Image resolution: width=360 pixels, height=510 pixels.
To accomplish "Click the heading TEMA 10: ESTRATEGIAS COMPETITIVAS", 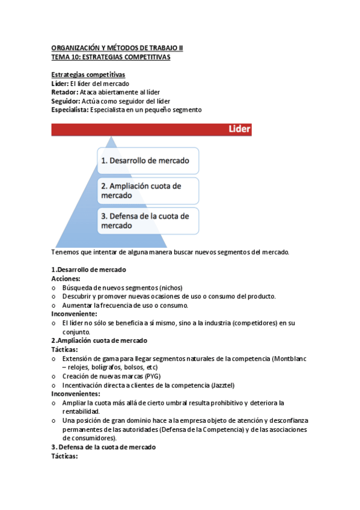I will pos(111,58).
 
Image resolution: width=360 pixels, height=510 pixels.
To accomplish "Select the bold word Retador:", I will pos(64,92).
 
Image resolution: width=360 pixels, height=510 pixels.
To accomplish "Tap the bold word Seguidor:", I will pos(66,101).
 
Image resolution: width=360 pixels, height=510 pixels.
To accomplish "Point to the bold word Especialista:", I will pos(70,109).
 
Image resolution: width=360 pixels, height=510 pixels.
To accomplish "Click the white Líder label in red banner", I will pos(239,129).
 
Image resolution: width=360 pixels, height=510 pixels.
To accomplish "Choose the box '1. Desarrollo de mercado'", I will pos(147,161).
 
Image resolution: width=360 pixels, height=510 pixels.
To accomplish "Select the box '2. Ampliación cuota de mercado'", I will pos(147,191).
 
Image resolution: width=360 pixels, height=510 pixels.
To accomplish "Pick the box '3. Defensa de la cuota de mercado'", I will pos(147,221).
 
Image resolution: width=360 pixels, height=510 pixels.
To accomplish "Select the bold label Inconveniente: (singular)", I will pos(74,314).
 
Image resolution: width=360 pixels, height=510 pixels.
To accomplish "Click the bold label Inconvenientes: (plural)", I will pos(76,393).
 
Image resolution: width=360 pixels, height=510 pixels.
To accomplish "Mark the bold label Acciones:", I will pos(66,279).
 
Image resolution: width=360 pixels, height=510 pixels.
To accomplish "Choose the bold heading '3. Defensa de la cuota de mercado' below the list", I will pos(103,447).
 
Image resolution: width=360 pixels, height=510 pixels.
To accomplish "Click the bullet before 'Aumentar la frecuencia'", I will pos(55,306).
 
